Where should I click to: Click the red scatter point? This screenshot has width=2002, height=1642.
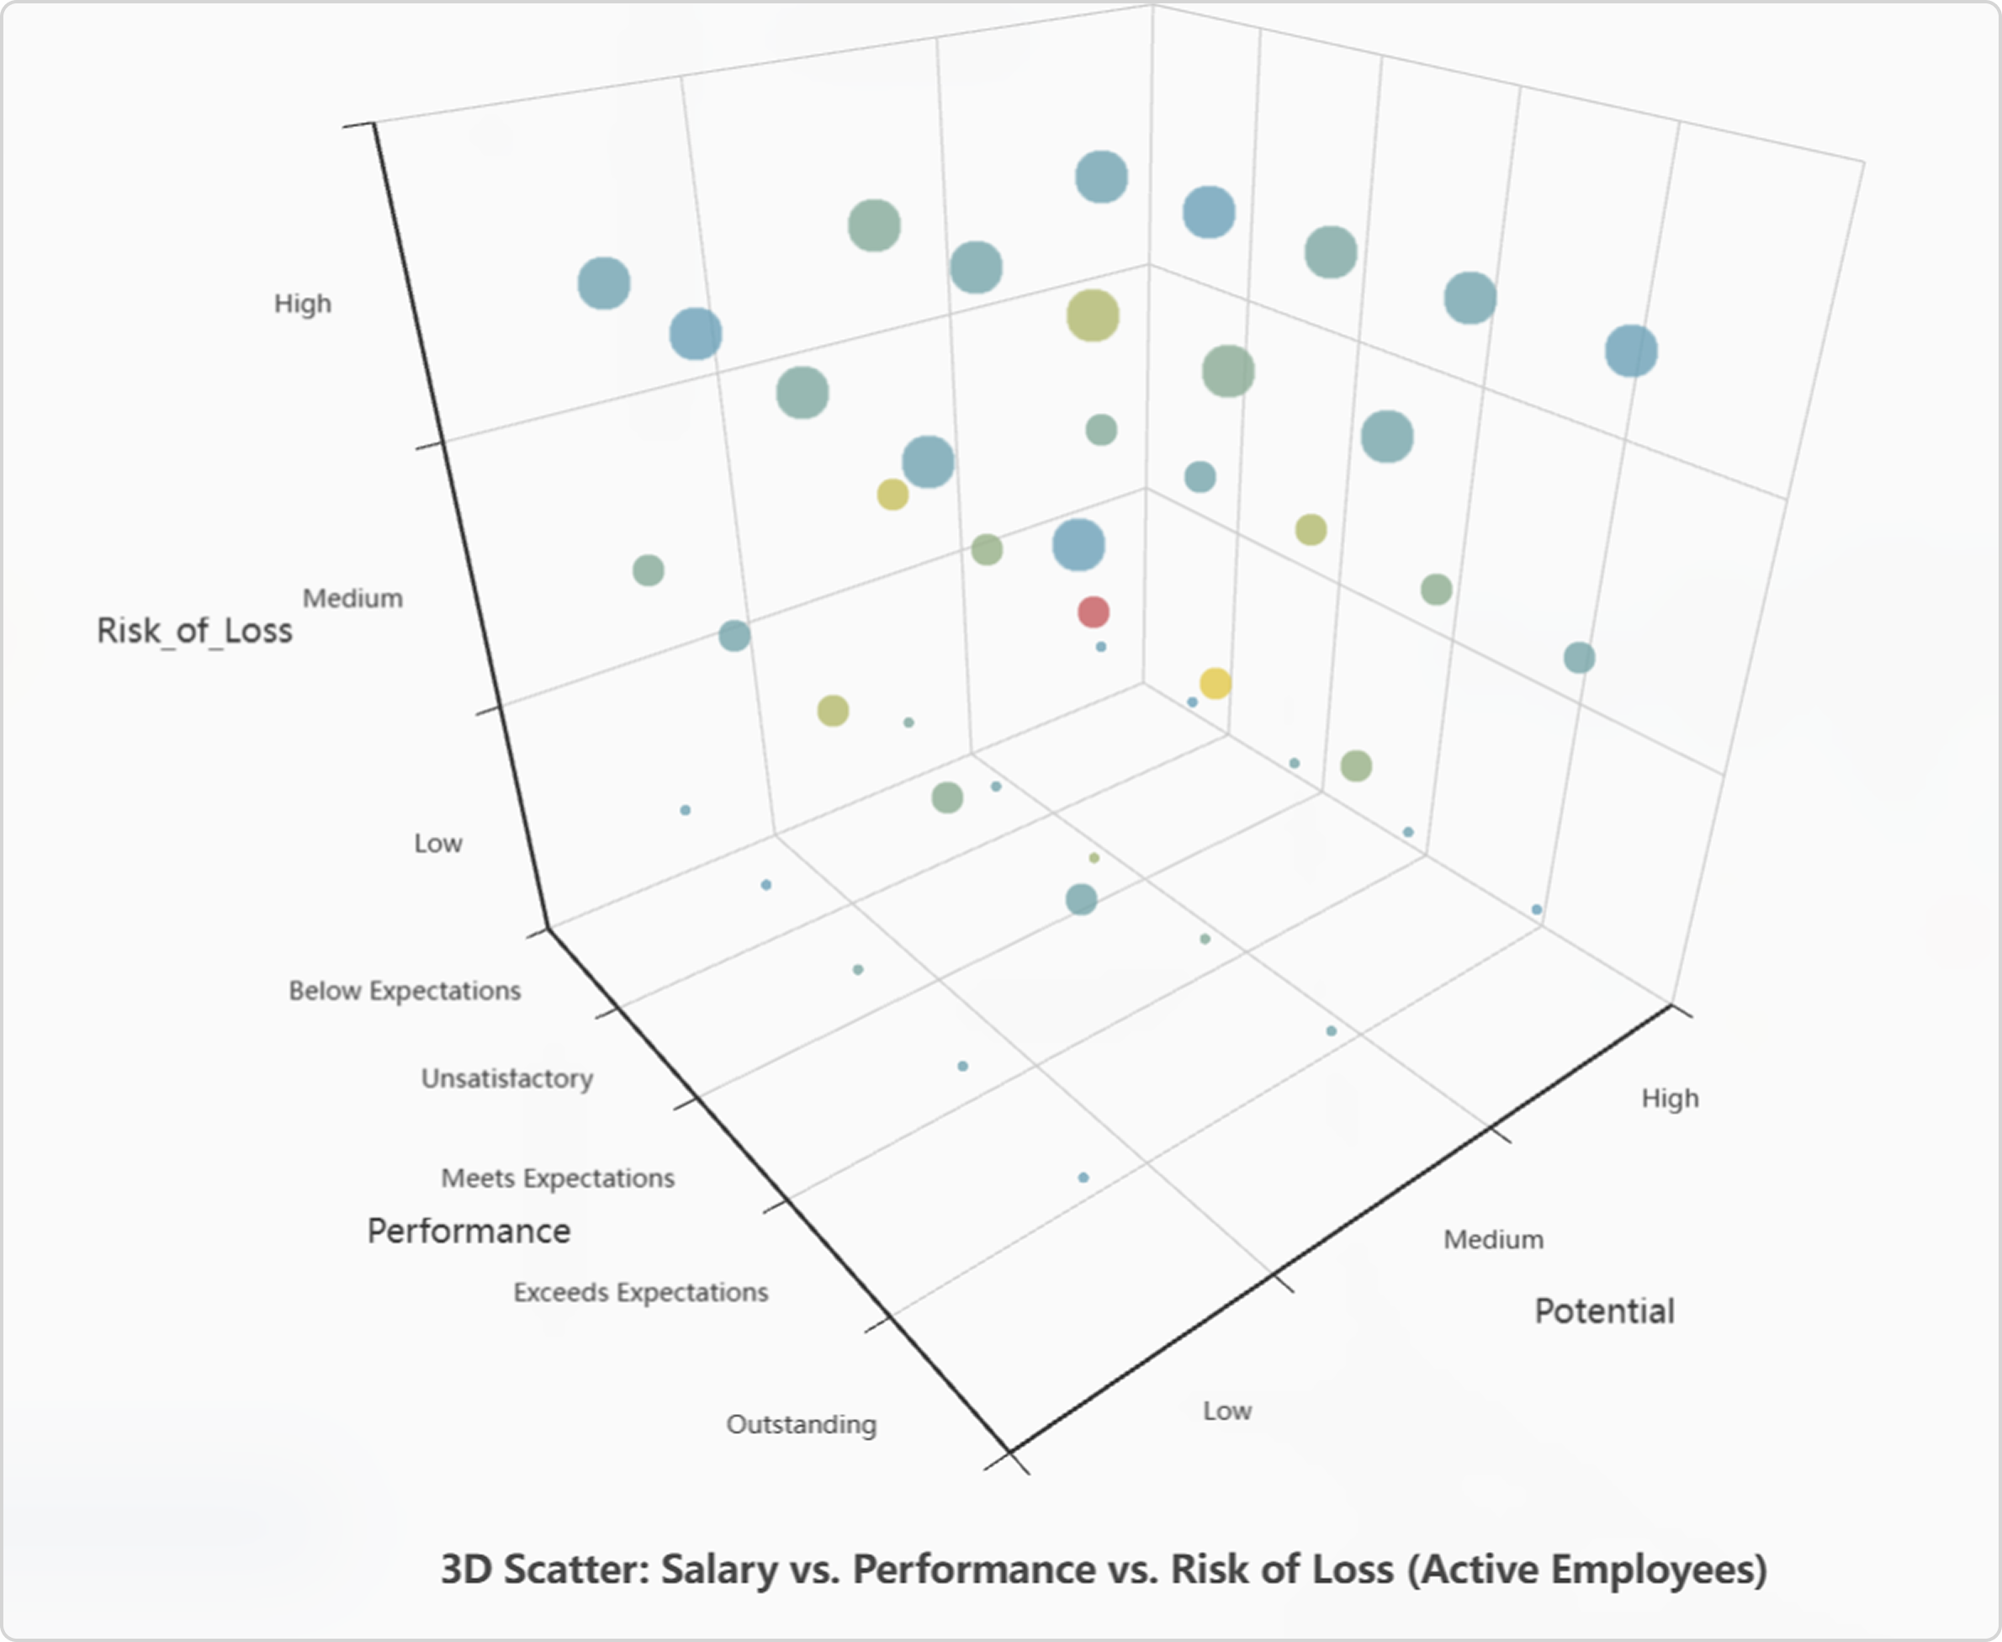1094,612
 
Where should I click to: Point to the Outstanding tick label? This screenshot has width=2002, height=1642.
801,1423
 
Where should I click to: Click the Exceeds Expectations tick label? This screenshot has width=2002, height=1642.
640,1292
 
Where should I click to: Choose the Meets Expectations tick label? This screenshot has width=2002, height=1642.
557,1178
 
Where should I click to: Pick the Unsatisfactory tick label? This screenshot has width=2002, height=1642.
507,1078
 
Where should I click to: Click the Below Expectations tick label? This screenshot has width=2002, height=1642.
405,990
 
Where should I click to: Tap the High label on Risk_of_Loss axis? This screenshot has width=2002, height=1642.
303,304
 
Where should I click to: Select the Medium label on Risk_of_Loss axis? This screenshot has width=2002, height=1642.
352,598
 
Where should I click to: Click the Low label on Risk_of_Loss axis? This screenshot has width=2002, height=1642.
438,843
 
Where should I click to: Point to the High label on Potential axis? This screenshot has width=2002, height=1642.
1670,1098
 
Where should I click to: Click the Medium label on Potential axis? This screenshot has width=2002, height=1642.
1493,1239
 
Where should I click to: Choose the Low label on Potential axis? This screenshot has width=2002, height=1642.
1226,1411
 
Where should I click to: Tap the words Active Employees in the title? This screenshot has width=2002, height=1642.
1586,1568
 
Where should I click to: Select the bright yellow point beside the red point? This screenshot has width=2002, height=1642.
1215,683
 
